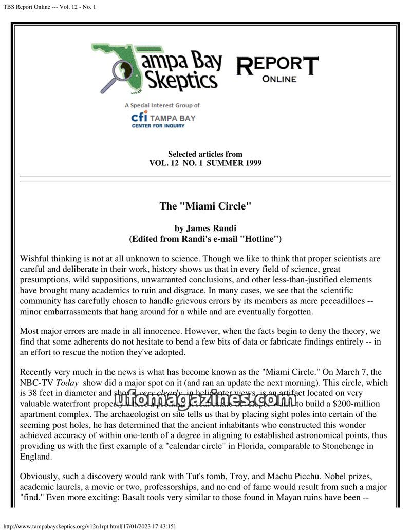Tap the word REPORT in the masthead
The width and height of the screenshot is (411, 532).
pyautogui.click(x=277, y=65)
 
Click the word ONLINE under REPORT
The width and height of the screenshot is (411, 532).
pyautogui.click(x=279, y=79)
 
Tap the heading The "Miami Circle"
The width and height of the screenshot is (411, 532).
pyautogui.click(x=205, y=206)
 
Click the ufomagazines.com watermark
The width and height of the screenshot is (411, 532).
pyautogui.click(x=205, y=398)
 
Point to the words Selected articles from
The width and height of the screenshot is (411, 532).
pyautogui.click(x=205, y=154)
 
